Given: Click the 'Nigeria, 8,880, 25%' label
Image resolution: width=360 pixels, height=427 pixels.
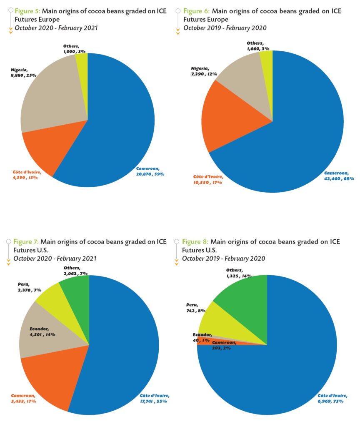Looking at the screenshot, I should point(24,73).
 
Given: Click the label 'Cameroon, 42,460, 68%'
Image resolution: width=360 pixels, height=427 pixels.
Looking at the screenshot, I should point(340,176).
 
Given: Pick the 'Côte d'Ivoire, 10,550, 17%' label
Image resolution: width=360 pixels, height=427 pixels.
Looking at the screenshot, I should point(208,180).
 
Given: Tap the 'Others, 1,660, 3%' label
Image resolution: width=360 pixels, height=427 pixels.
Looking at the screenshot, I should point(257,46).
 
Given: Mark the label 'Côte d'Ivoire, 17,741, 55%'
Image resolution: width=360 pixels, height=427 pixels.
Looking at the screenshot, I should point(152,398).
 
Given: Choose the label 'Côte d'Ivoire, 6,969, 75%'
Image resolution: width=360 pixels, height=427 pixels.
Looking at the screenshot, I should point(331,398).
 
